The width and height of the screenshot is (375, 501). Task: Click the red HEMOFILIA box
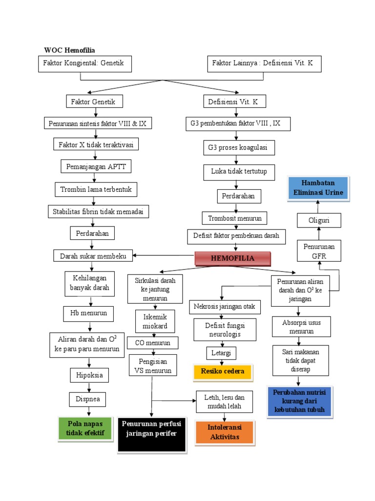(232, 258)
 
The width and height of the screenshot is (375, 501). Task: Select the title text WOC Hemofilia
(69, 50)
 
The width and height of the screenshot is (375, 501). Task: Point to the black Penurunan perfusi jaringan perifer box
(152, 434)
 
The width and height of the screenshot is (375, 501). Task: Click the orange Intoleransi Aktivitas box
(225, 433)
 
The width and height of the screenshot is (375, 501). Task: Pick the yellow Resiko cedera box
(223, 371)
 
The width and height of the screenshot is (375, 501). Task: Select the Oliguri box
(319, 221)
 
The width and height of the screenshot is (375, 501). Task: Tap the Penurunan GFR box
(319, 250)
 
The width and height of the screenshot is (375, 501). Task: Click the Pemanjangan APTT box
(96, 166)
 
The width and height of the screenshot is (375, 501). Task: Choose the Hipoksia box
(89, 376)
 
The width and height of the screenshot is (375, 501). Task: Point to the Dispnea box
(88, 399)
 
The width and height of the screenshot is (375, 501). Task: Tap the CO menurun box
(153, 343)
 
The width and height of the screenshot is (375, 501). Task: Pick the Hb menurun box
(88, 313)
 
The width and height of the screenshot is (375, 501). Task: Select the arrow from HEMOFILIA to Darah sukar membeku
(163, 255)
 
